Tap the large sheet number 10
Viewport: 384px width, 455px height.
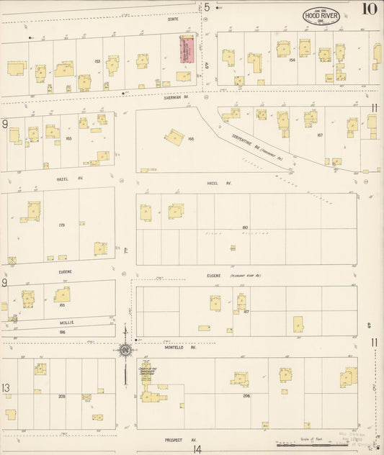(x=369, y=9)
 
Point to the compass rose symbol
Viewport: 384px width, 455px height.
(x=125, y=351)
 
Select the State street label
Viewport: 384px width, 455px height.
(x=173, y=19)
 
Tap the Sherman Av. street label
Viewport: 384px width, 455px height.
(x=176, y=96)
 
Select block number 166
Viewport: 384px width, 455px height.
(x=192, y=138)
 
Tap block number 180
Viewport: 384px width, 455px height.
(x=245, y=227)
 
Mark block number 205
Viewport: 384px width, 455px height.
(x=62, y=396)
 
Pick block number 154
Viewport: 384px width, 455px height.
(x=292, y=60)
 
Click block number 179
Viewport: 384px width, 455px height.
(x=62, y=225)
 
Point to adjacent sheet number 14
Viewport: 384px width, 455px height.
(x=197, y=449)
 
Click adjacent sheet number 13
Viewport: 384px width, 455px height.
(x=6, y=389)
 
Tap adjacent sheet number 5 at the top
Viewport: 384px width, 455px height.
(x=207, y=7)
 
